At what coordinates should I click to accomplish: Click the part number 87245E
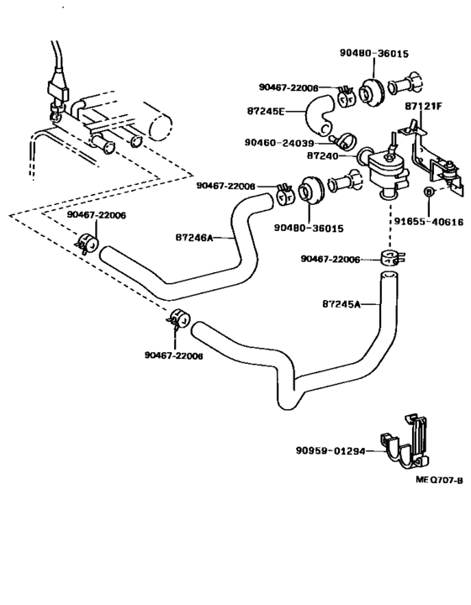(266, 111)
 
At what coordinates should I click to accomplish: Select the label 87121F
(423, 105)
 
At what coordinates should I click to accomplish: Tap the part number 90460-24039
(279, 143)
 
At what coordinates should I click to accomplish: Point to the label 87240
(322, 156)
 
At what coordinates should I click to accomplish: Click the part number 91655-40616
(429, 222)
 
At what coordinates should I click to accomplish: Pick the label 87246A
(194, 238)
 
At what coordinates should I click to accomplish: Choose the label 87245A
(341, 304)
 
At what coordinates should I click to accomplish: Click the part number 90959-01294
(331, 450)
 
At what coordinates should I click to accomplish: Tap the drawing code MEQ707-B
(439, 480)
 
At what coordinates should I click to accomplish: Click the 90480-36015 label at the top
(374, 53)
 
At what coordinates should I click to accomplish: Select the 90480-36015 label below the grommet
(309, 228)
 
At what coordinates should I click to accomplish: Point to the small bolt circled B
(428, 192)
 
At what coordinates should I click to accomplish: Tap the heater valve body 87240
(386, 170)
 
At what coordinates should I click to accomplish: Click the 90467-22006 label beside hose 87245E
(288, 87)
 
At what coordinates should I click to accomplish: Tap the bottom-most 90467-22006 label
(174, 355)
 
